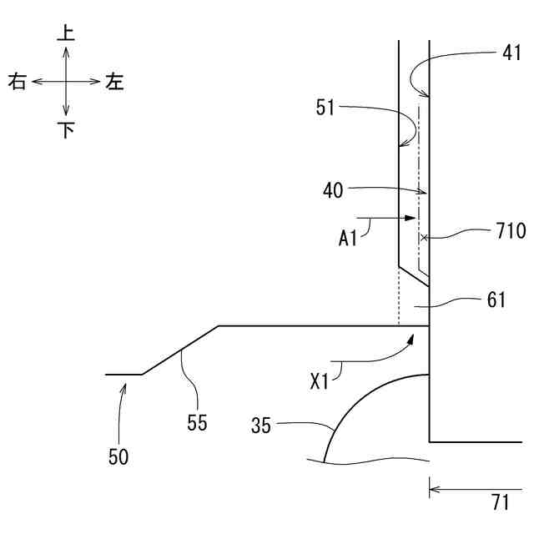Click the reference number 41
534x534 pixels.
click(x=511, y=55)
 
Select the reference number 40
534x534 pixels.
click(x=334, y=189)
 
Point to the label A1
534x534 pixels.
click(x=349, y=238)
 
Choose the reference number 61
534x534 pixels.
click(x=496, y=299)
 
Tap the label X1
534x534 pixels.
click(x=320, y=381)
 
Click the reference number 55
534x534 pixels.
click(x=196, y=423)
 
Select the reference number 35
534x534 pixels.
click(x=262, y=426)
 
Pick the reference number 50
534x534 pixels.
click(x=118, y=456)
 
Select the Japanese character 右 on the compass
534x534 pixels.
click(x=18, y=82)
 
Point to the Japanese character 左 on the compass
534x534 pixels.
click(x=114, y=82)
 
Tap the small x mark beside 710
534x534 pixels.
click(x=424, y=238)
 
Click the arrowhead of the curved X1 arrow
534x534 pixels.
click(x=411, y=336)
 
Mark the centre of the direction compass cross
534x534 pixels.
click(x=67, y=82)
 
